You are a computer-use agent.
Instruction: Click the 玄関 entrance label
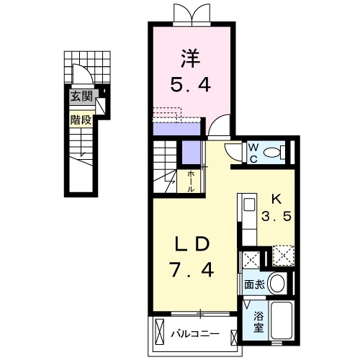pos(81,96)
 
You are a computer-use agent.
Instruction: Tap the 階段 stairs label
pos(81,120)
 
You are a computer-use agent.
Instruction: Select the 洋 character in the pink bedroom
pos(191,58)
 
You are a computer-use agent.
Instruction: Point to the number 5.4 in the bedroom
pos(191,84)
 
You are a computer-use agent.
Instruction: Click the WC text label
pos(253,153)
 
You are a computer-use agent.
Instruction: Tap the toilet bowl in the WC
pos(274,152)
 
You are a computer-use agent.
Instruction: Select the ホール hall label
pos(191,181)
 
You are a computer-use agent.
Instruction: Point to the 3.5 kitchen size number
pos(276,216)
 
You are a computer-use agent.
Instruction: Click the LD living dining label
pos(192,243)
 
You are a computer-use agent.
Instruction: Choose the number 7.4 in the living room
pos(192,269)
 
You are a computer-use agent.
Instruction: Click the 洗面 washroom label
pos(254,284)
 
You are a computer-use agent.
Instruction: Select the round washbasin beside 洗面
pos(277,283)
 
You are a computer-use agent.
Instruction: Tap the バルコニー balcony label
pos(195,334)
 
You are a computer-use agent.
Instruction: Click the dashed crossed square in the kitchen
pos(283,256)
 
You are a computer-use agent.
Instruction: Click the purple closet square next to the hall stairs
pos(191,152)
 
